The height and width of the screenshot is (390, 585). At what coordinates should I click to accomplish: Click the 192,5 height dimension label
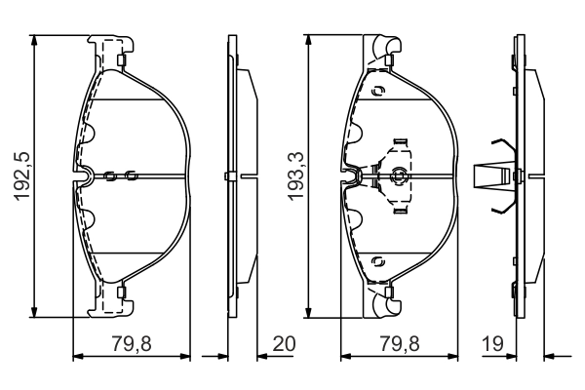pyautogui.click(x=21, y=176)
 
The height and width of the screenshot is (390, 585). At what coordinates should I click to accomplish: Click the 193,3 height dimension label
pyautogui.click(x=295, y=176)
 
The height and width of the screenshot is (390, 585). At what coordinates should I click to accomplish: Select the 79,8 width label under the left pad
pyautogui.click(x=132, y=343)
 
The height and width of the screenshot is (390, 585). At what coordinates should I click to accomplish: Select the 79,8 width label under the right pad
pyautogui.click(x=400, y=343)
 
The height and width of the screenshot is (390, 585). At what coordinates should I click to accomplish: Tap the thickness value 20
pyautogui.click(x=284, y=343)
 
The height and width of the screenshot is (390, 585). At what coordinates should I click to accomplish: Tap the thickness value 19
pyautogui.click(x=493, y=343)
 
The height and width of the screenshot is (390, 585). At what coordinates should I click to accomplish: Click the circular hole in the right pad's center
pyautogui.click(x=398, y=175)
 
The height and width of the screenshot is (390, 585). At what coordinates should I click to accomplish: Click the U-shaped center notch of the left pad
pyautogui.click(x=85, y=175)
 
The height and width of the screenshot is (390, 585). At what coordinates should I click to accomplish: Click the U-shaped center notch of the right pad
pyautogui.click(x=353, y=175)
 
